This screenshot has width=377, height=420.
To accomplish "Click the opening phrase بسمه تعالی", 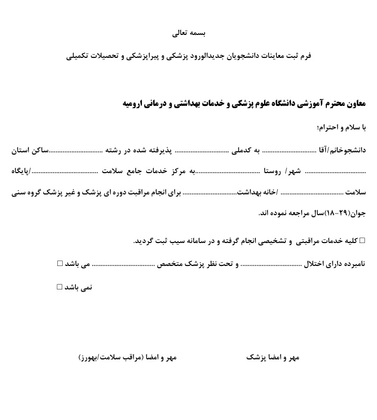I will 188,33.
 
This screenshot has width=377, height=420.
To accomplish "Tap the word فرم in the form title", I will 304,56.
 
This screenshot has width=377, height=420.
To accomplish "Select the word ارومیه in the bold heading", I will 136,103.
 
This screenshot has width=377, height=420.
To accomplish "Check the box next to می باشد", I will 60,263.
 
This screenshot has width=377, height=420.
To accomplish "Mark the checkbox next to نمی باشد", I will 60,286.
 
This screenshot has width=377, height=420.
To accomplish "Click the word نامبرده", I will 350,264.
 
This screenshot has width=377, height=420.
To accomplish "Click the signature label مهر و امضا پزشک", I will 273,357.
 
